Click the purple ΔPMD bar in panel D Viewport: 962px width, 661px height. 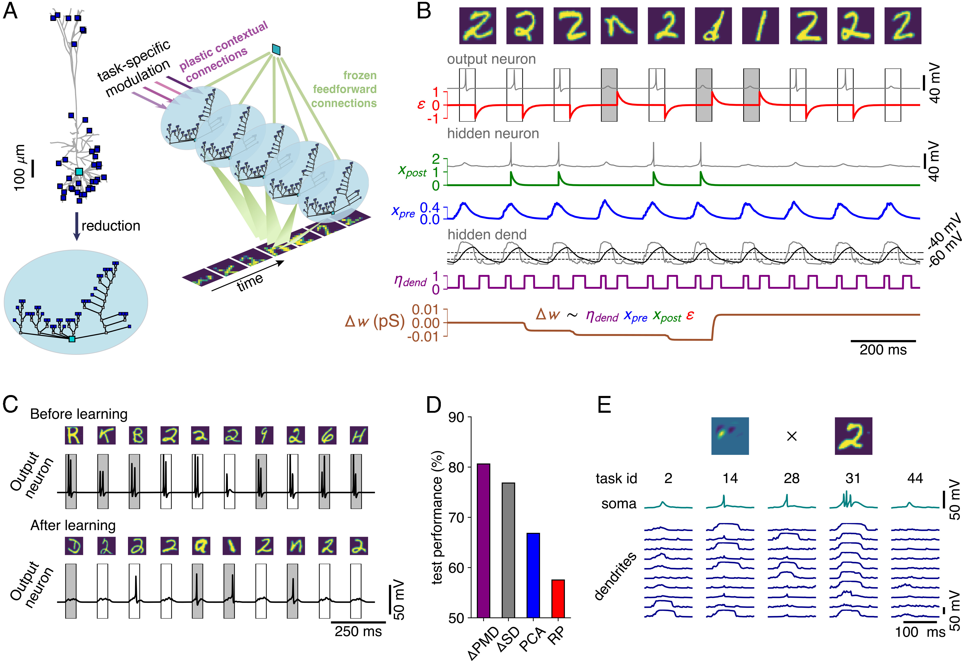483,540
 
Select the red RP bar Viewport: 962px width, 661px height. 558,598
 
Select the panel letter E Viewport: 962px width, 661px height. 604,405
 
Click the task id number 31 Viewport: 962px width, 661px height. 853,478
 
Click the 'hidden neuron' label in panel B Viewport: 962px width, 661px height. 493,134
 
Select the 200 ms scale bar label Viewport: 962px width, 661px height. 883,350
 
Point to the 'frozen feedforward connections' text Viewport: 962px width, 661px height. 345,89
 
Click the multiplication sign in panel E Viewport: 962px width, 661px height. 791,436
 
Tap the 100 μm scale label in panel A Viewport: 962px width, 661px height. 20,168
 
